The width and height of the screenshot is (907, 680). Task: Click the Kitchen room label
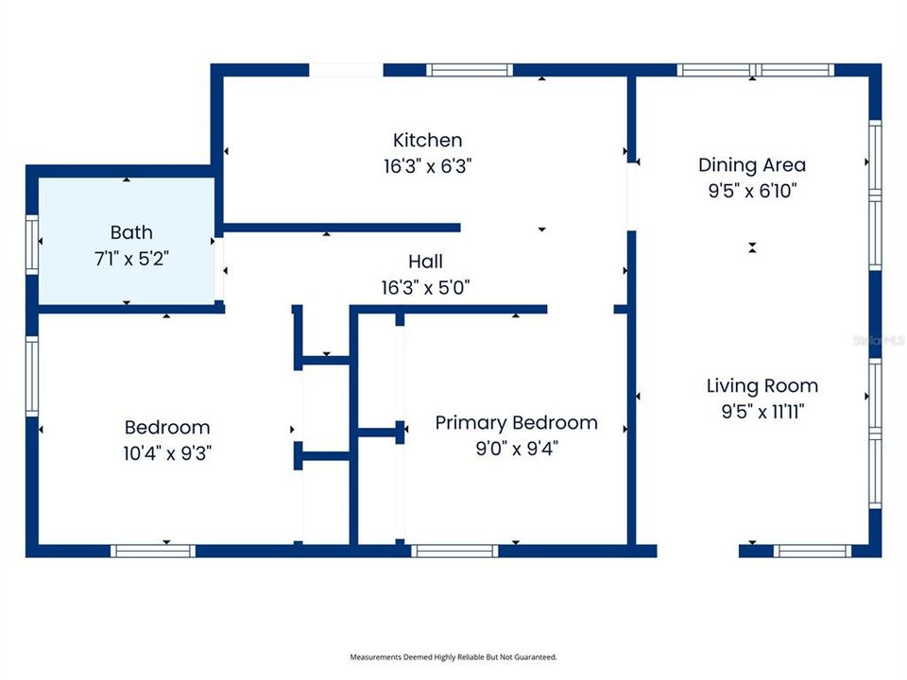pyautogui.click(x=427, y=140)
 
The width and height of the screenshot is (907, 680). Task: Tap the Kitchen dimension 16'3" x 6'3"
pyautogui.click(x=427, y=166)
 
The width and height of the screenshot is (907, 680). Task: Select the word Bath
pyautogui.click(x=131, y=232)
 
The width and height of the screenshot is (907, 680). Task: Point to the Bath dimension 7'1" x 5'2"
pyautogui.click(x=131, y=259)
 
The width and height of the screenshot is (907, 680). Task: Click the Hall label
pyautogui.click(x=426, y=262)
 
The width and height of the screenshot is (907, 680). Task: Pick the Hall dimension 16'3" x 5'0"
pyautogui.click(x=426, y=287)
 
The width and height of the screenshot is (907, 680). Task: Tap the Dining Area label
pyautogui.click(x=752, y=164)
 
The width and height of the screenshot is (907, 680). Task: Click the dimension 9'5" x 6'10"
pyautogui.click(x=752, y=190)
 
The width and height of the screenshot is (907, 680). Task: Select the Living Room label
pyautogui.click(x=762, y=385)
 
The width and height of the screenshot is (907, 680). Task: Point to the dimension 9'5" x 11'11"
pyautogui.click(x=762, y=412)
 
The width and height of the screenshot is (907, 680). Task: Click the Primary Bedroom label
pyautogui.click(x=517, y=423)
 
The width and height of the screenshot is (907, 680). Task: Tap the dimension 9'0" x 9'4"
pyautogui.click(x=517, y=448)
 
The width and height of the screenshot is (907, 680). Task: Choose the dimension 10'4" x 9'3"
pyautogui.click(x=167, y=452)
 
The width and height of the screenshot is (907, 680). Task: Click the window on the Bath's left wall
pyautogui.click(x=32, y=245)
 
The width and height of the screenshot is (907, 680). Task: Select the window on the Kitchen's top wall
pyautogui.click(x=470, y=70)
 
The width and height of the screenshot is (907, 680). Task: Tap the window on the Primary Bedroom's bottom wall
pyautogui.click(x=454, y=551)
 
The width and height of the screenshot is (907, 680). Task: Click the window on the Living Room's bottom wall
pyautogui.click(x=813, y=551)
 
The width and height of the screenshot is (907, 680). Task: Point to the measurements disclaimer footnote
pyautogui.click(x=453, y=657)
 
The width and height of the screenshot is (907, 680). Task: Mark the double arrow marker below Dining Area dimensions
pyautogui.click(x=752, y=247)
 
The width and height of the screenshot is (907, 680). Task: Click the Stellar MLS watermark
pyautogui.click(x=879, y=340)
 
